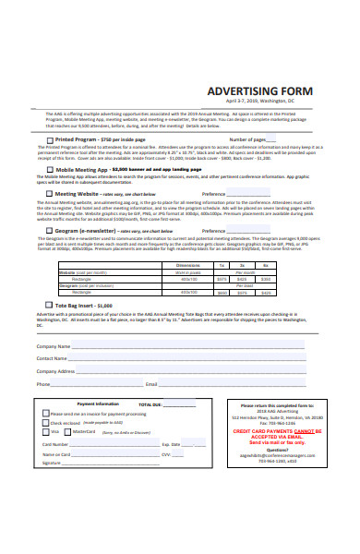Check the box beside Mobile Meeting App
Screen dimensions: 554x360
(x=51, y=170)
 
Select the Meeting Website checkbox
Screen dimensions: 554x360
(x=51, y=194)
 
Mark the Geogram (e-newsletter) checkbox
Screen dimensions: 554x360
(x=51, y=231)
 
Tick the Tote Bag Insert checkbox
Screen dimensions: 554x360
(x=49, y=304)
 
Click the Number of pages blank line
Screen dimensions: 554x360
(x=282, y=140)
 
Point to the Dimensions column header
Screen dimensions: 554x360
(x=186, y=265)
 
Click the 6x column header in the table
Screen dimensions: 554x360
(x=266, y=265)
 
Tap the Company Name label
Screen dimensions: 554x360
(x=52, y=345)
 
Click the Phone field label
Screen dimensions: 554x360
(x=42, y=383)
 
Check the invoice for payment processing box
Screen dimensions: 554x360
(x=46, y=414)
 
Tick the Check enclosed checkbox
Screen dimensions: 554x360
(x=46, y=423)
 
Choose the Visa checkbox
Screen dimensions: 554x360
(x=46, y=432)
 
